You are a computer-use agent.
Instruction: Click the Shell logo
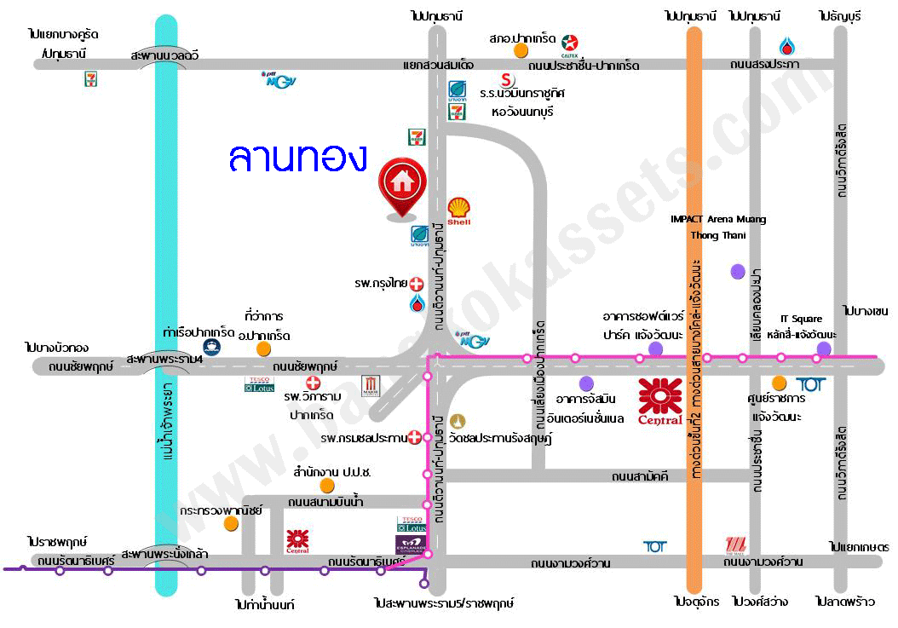[x=459, y=210]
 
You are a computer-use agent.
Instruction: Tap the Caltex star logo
[x=571, y=40]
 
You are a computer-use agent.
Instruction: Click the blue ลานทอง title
[x=297, y=158]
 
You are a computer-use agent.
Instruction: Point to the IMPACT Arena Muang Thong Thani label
[x=717, y=228]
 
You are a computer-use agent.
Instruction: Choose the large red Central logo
[x=660, y=400]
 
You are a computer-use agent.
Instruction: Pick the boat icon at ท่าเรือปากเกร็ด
[x=210, y=346]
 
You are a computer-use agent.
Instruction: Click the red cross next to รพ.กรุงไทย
[x=417, y=283]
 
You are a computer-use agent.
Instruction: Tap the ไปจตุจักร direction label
[x=694, y=602]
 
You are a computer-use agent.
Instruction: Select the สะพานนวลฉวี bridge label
[x=165, y=55]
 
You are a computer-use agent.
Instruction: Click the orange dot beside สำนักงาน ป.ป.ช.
[x=326, y=486]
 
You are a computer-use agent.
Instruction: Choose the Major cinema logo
[x=371, y=386]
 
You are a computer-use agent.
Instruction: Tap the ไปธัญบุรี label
[x=840, y=16]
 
